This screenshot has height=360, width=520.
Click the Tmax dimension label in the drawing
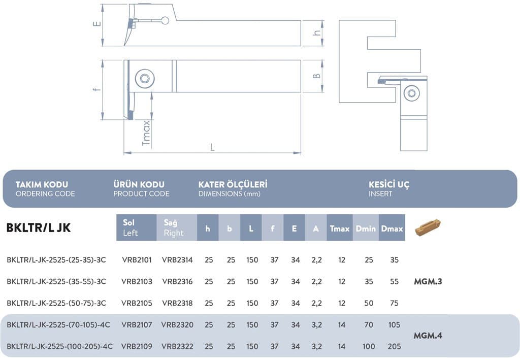(x=146, y=133)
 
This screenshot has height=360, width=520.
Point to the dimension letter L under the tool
(x=212, y=147)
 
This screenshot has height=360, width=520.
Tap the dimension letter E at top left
(x=97, y=23)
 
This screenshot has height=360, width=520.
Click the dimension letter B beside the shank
(x=317, y=76)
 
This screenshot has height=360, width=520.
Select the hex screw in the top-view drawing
(x=145, y=79)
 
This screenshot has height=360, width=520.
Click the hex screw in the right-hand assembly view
(x=411, y=93)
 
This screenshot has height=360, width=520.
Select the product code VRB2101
(x=137, y=260)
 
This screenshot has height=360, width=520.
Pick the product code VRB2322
(x=177, y=346)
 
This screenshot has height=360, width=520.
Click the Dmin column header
(x=366, y=228)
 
